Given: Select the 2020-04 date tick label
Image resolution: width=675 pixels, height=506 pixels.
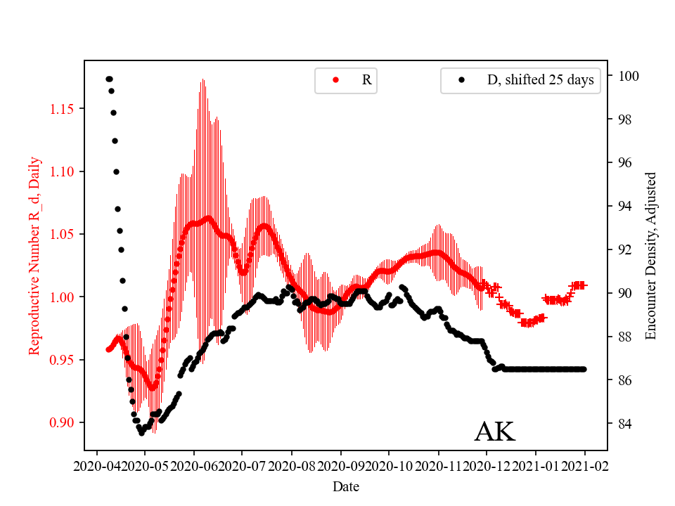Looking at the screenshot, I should click(96, 465).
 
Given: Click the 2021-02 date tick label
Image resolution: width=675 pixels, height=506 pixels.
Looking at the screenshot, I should click(584, 465).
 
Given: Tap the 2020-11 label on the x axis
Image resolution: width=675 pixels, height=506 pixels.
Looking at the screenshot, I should click(438, 465).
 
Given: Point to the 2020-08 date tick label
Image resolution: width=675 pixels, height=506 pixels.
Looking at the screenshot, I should click(291, 465).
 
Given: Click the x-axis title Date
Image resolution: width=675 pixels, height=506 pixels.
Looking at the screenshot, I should click(345, 486).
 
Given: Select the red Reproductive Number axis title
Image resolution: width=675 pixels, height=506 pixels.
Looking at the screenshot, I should click(34, 256).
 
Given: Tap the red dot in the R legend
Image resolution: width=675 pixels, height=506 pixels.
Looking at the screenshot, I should click(335, 80).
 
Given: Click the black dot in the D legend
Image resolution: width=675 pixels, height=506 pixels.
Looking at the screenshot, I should click(461, 80).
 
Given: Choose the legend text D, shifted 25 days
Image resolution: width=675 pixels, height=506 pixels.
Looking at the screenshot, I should click(540, 80).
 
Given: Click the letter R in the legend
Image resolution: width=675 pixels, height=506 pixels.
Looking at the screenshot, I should click(366, 80).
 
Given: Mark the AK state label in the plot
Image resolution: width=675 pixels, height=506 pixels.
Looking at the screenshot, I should click(494, 432).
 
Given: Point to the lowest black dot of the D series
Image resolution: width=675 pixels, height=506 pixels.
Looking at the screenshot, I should click(141, 433).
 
